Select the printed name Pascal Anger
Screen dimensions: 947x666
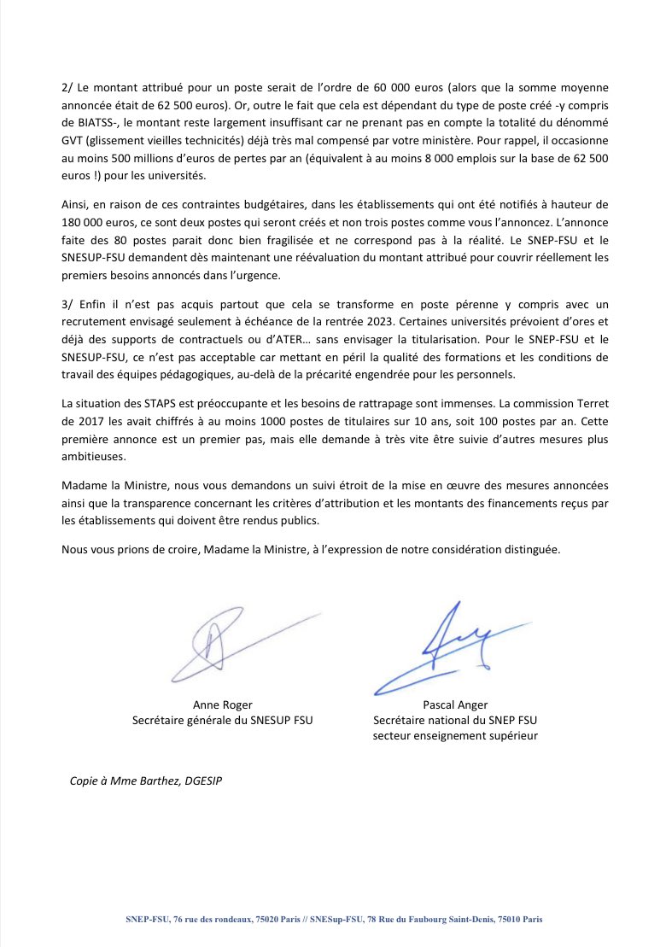tap(455, 704)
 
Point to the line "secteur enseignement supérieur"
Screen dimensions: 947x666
tap(455, 735)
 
